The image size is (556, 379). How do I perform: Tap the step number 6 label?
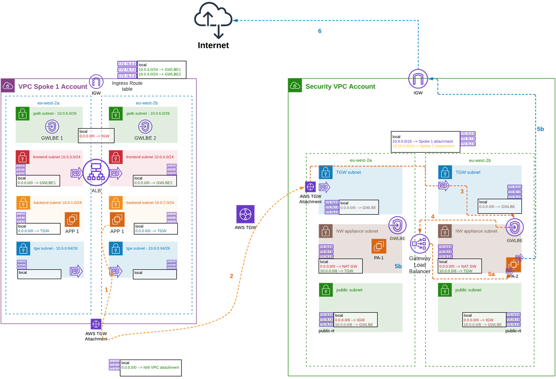pos(320,31)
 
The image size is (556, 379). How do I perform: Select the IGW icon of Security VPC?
pos(418,79)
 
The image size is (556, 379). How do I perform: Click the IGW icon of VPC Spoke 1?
pos(96,82)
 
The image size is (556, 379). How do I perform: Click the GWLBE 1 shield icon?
pos(52,126)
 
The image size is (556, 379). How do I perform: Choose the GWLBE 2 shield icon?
pos(146,126)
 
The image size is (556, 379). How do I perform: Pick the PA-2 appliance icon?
pos(513,265)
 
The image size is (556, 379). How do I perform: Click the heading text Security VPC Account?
pos(340,87)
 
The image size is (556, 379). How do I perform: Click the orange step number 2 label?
pos(231,276)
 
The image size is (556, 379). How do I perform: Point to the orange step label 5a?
pos(491,274)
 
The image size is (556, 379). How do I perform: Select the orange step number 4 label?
pos(432,217)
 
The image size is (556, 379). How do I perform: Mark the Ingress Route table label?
pos(127,86)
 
